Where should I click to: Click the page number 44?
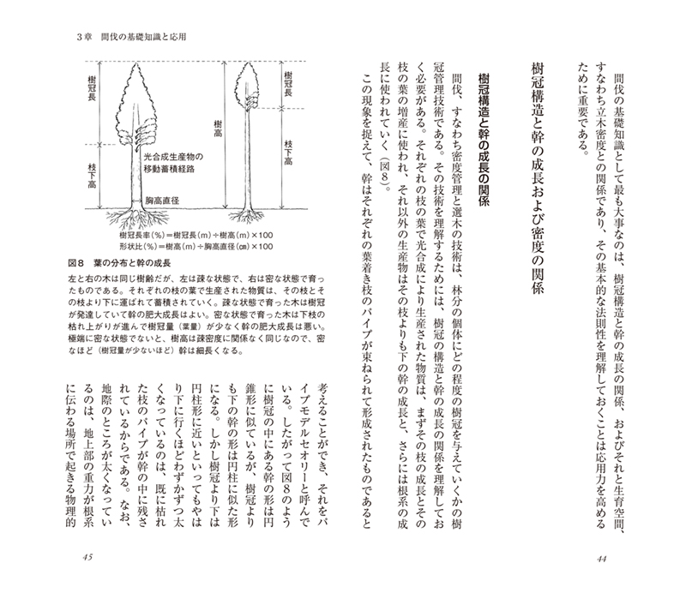pos(600,557)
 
